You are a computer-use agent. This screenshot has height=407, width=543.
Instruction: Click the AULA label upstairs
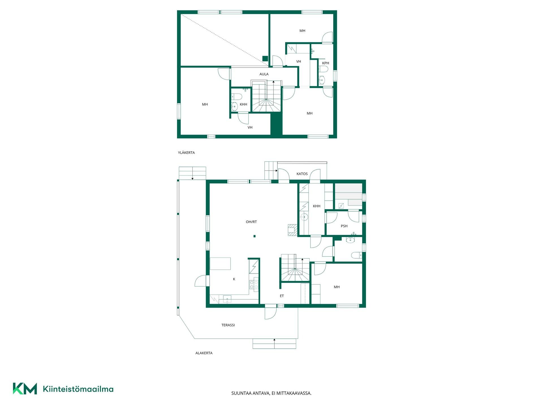(x=264, y=74)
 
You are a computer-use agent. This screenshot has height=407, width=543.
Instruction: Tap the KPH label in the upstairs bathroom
(x=326, y=63)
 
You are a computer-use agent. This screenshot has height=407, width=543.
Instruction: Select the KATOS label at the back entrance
(x=302, y=174)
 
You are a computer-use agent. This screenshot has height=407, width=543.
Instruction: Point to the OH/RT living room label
(x=251, y=222)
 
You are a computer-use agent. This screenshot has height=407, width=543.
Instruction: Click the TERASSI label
(x=228, y=325)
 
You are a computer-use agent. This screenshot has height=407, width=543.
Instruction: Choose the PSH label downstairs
(x=344, y=226)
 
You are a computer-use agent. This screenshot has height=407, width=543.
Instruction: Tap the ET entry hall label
(x=282, y=296)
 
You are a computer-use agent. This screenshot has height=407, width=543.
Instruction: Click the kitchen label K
(x=234, y=279)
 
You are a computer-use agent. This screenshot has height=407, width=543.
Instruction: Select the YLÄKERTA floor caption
(x=186, y=153)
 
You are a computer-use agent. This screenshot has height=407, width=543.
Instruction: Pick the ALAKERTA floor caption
(x=204, y=353)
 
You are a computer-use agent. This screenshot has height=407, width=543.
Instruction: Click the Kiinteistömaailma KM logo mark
(x=25, y=389)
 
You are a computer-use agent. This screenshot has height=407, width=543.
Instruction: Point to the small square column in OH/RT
(x=255, y=236)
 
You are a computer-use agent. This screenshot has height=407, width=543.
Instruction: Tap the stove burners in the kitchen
(x=254, y=285)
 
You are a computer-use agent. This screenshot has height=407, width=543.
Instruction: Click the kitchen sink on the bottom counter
(x=227, y=299)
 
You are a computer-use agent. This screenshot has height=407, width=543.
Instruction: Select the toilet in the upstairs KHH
(x=236, y=97)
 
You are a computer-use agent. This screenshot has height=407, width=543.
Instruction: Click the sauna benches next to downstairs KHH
(x=348, y=195)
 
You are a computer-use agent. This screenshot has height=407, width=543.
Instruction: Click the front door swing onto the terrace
(x=271, y=313)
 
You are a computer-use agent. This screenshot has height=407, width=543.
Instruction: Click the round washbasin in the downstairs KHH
(x=304, y=217)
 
